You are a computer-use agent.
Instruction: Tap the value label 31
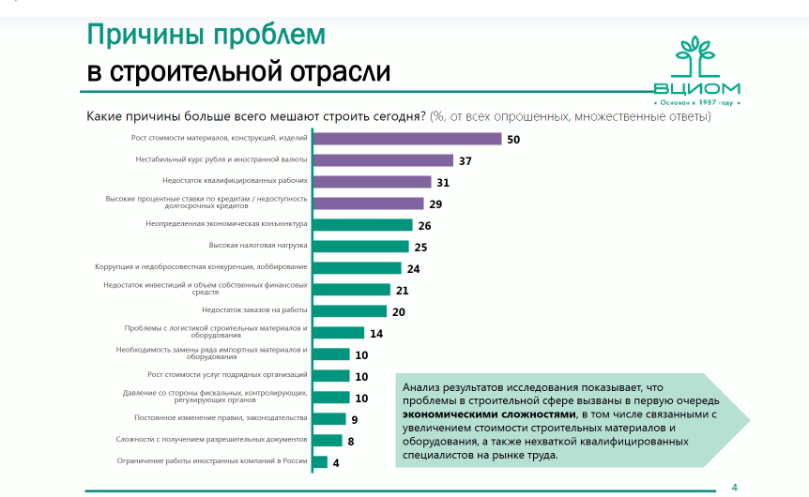[444, 182]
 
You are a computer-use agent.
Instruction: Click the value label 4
[335, 462]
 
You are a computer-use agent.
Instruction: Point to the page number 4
[734, 486]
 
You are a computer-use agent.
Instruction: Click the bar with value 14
[338, 333]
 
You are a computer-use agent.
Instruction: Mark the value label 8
[350, 441]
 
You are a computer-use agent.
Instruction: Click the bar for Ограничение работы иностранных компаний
[319, 461]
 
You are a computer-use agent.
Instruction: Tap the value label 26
[424, 225]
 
